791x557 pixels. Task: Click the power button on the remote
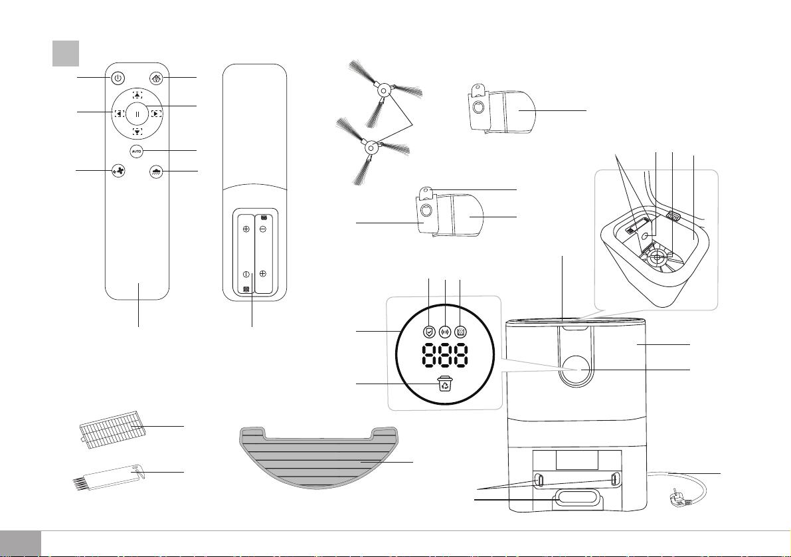[117, 78]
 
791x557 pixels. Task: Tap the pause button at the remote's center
[137, 114]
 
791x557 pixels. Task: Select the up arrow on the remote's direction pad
[137, 94]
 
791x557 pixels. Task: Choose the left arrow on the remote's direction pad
[119, 114]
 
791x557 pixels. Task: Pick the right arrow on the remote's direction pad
[156, 114]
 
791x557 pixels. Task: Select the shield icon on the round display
[429, 331]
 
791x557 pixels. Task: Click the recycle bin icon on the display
[445, 384]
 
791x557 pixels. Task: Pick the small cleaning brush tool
[108, 477]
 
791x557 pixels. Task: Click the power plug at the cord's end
[679, 500]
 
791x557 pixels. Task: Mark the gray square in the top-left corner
[66, 53]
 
